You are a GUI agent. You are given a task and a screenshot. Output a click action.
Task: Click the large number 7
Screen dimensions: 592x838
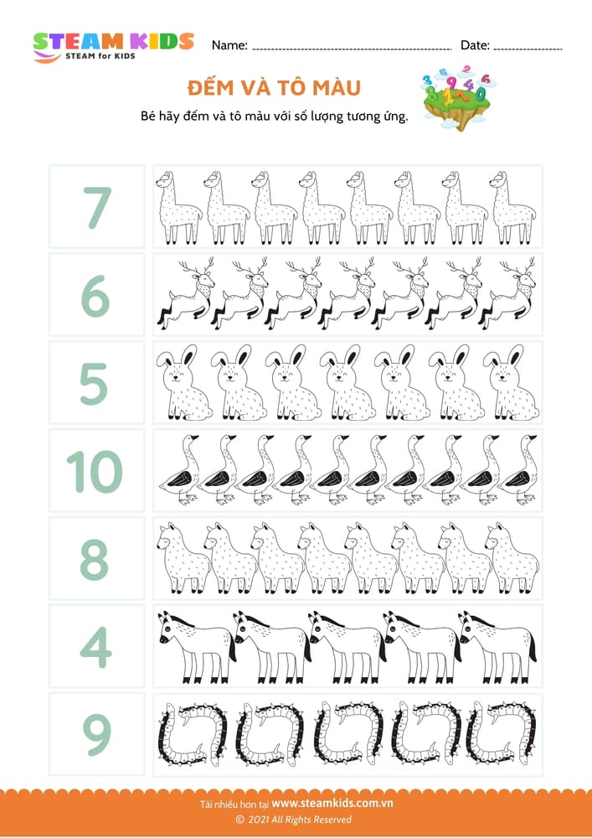click(96, 207)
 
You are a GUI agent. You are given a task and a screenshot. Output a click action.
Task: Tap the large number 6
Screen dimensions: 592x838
click(96, 296)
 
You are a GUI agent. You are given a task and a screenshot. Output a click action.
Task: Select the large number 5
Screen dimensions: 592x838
click(94, 383)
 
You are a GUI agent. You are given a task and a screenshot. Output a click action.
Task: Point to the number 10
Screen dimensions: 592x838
click(95, 471)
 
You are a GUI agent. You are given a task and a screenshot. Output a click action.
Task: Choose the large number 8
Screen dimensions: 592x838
click(95, 559)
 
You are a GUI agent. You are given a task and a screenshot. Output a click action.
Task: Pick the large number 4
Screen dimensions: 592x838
click(96, 647)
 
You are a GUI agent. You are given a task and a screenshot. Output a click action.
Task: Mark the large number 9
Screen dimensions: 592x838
click(96, 735)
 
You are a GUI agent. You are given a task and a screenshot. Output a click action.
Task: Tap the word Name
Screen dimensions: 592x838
click(229, 45)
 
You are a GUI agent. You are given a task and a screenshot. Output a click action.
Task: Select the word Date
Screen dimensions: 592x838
click(475, 45)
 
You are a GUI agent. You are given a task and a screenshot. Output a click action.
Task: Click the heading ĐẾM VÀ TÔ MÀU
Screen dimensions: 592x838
click(274, 88)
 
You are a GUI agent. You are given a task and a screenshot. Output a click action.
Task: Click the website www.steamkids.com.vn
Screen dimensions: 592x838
click(332, 804)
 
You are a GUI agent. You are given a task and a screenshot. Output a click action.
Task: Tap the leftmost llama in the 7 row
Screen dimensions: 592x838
click(179, 208)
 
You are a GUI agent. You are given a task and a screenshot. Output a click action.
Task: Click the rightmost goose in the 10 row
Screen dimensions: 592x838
click(519, 469)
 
